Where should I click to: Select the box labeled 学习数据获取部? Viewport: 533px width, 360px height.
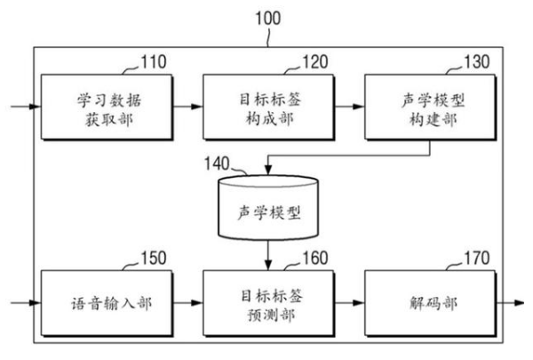point(100,107)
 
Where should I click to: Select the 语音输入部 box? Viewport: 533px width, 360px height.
point(100,303)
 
